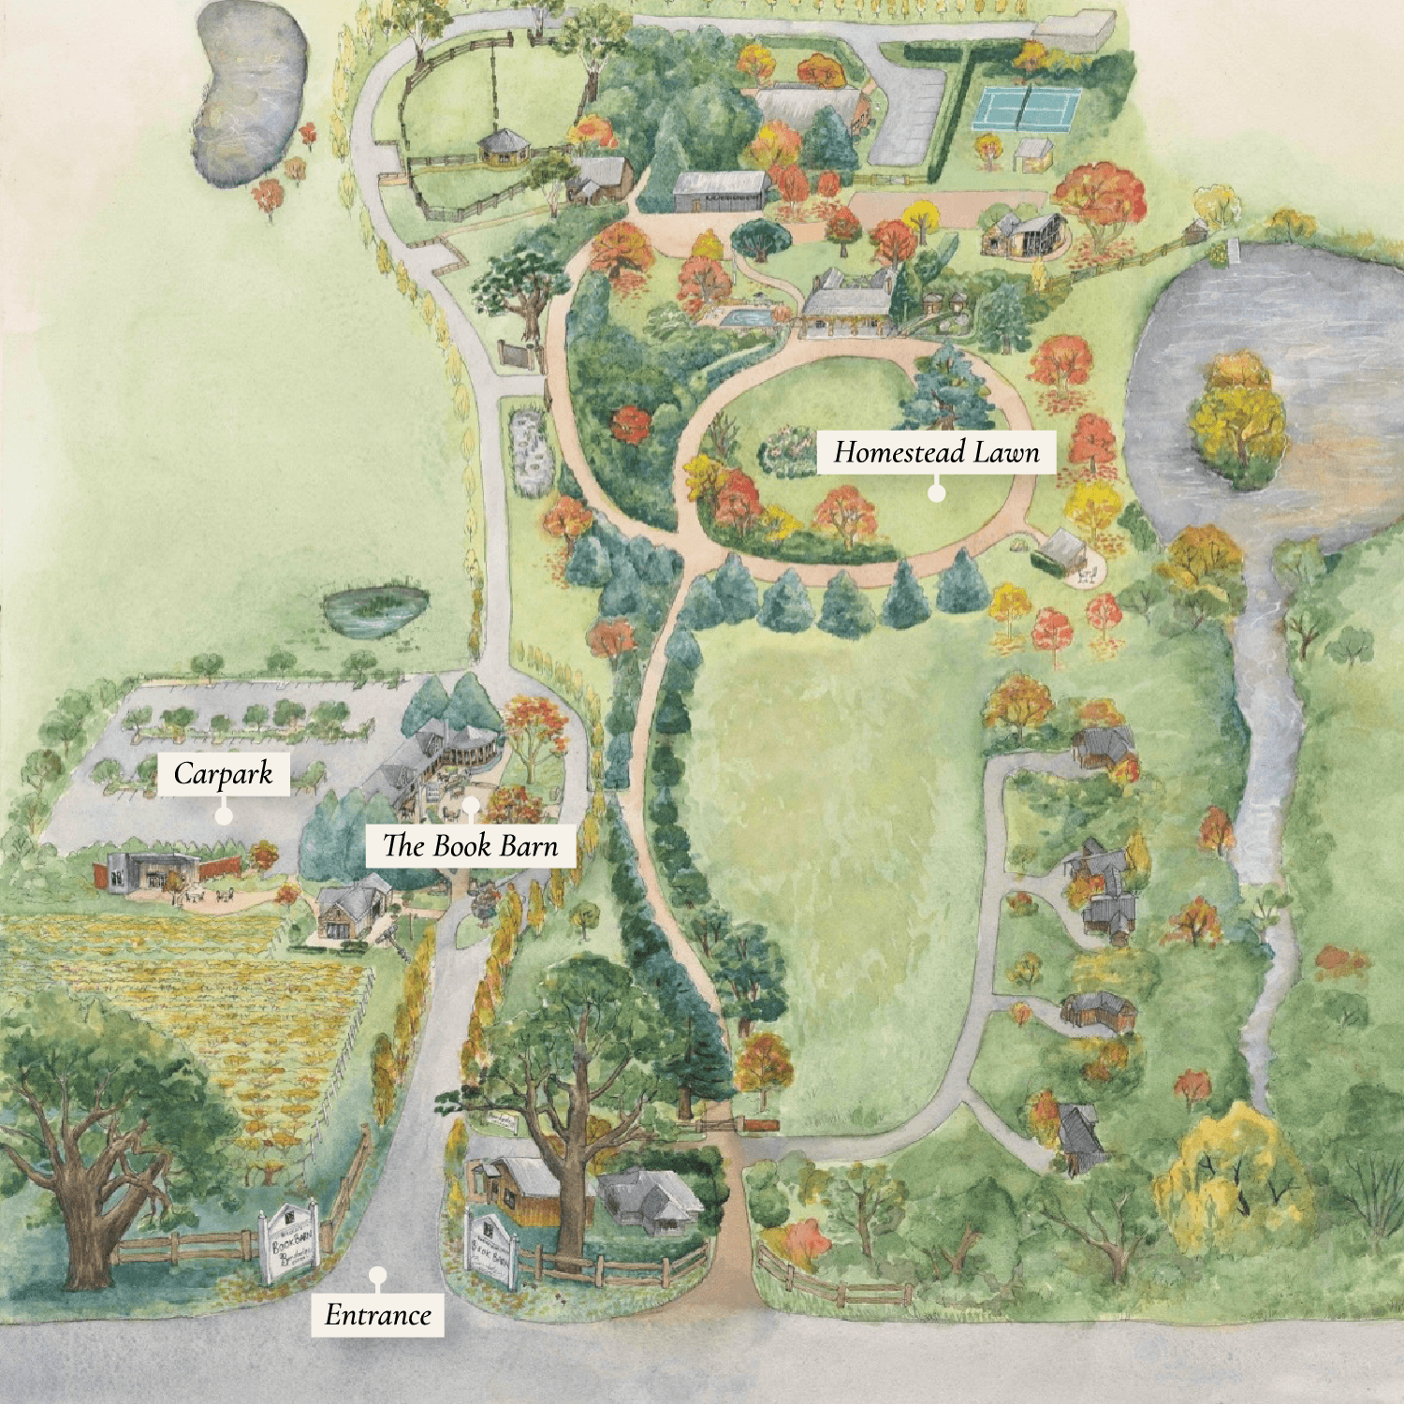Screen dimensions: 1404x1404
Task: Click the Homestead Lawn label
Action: (x=936, y=453)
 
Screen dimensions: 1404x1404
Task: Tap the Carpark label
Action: (x=223, y=774)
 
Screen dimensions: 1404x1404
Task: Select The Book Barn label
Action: (x=470, y=846)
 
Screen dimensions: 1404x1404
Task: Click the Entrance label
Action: (x=377, y=1315)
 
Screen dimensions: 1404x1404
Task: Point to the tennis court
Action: (x=1027, y=109)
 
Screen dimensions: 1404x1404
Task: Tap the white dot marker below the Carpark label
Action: (x=223, y=815)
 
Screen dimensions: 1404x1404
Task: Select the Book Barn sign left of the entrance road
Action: (x=289, y=1242)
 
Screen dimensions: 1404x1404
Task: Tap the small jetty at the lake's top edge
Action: (x=1231, y=250)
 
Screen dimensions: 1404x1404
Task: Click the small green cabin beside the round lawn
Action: (x=1060, y=552)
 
